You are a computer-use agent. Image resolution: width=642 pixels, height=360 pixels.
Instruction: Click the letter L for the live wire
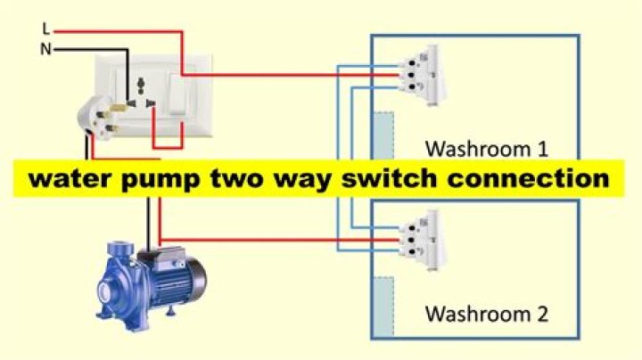(x=45, y=29)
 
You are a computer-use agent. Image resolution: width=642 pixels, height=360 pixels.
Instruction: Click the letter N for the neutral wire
(x=45, y=50)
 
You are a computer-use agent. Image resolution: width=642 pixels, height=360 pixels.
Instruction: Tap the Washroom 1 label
(x=487, y=150)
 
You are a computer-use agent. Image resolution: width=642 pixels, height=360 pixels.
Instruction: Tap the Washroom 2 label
(x=487, y=315)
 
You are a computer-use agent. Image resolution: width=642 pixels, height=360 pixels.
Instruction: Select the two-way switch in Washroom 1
(x=424, y=75)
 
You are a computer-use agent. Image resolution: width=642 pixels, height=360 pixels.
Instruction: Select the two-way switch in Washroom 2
(x=424, y=241)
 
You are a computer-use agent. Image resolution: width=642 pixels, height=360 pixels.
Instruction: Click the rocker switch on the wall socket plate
(x=177, y=94)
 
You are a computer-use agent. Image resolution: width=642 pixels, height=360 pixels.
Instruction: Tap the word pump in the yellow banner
(x=160, y=180)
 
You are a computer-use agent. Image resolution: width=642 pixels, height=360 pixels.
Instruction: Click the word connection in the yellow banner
(x=528, y=178)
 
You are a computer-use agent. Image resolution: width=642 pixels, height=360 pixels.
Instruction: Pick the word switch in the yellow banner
(x=390, y=178)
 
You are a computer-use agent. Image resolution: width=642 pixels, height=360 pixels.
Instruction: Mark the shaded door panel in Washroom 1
(x=383, y=135)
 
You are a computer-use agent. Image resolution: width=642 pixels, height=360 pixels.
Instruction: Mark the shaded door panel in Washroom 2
(x=383, y=307)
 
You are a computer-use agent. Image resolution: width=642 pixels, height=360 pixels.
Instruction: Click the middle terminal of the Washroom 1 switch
(x=411, y=75)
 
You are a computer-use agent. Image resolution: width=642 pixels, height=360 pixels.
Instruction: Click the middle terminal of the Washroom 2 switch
(x=411, y=240)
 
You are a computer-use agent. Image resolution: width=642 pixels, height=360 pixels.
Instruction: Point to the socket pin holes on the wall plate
(x=141, y=94)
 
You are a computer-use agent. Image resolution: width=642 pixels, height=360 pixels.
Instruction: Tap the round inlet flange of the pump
(x=105, y=291)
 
